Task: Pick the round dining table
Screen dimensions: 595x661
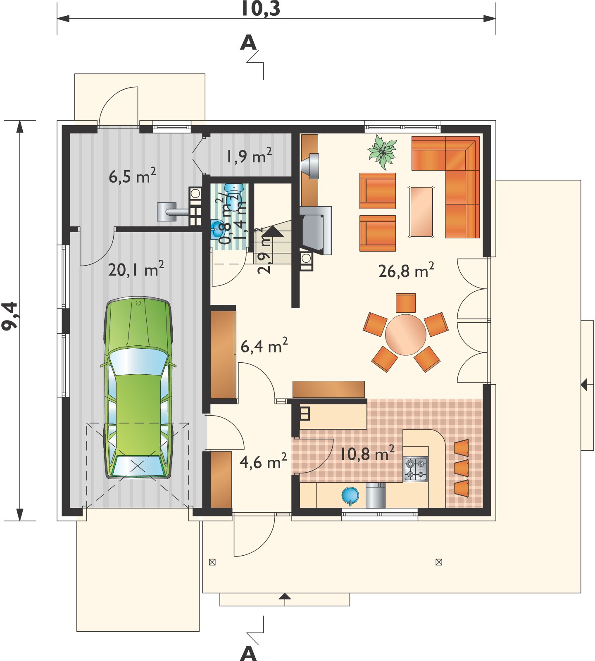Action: pyautogui.click(x=406, y=334)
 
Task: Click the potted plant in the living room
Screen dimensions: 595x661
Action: pyautogui.click(x=382, y=152)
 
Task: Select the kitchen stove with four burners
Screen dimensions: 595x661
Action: pyautogui.click(x=415, y=469)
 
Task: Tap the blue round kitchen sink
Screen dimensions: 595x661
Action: pyautogui.click(x=350, y=495)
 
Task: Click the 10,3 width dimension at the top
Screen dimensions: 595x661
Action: pyautogui.click(x=261, y=8)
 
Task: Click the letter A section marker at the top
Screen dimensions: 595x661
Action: pyautogui.click(x=248, y=43)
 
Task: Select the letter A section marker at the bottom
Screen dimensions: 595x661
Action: pyautogui.click(x=248, y=653)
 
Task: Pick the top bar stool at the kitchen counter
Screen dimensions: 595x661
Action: pyautogui.click(x=462, y=447)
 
